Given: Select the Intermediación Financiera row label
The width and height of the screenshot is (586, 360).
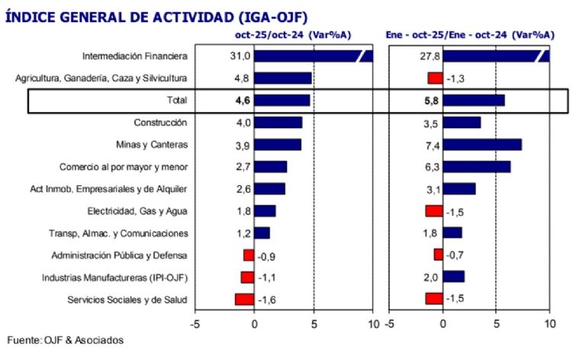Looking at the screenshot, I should click(x=134, y=56).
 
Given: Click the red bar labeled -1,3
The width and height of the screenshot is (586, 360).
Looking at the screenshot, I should click(x=435, y=79).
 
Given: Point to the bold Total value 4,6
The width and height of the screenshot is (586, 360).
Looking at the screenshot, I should click(x=242, y=100).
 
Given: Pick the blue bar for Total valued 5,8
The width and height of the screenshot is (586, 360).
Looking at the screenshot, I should click(x=473, y=100).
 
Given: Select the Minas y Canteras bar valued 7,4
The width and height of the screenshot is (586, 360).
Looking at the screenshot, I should click(x=481, y=144).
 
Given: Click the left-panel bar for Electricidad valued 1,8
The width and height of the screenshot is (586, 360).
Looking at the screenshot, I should click(x=264, y=211).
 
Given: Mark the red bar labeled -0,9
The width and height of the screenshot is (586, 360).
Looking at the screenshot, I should click(x=249, y=256).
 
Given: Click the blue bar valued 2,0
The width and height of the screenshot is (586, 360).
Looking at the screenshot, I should click(x=453, y=278).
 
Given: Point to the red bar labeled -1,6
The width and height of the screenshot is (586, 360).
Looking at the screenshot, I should click(x=244, y=300).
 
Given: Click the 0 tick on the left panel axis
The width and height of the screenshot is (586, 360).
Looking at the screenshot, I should click(x=254, y=322).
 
